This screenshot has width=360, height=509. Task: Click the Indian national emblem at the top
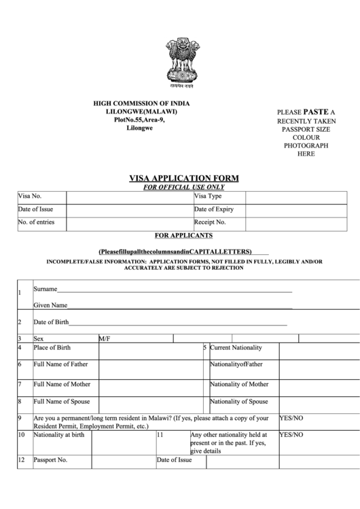[181, 65]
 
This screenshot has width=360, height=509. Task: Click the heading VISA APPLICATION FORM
[184, 179]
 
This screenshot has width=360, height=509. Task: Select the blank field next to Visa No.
[128, 197]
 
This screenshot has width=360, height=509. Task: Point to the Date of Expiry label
[214, 209]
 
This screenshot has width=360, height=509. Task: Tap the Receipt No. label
[210, 222]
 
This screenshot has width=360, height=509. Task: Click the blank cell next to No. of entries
[128, 222]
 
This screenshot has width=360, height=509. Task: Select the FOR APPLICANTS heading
[184, 235]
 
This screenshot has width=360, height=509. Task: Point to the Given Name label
[50, 305]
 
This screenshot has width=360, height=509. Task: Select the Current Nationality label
[235, 347]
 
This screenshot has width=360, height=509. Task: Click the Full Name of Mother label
[61, 384]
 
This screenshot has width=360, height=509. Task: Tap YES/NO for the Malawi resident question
[291, 418]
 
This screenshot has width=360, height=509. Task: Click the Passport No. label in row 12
[51, 459]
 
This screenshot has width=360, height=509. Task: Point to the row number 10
[21, 434]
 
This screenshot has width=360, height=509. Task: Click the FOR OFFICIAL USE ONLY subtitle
[184, 187]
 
